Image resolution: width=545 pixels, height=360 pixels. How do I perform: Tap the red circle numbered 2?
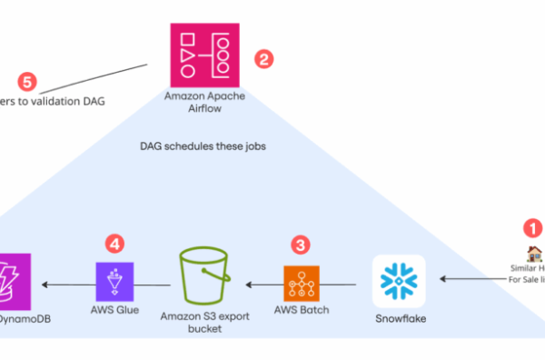click(x=263, y=61)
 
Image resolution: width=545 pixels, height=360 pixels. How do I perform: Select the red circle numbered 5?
click(x=27, y=82)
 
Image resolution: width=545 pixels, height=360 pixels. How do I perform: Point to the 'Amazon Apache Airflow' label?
click(x=204, y=101)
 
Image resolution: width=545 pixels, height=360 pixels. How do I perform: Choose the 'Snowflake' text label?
click(x=400, y=319)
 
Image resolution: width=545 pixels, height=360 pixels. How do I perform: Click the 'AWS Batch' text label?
click(x=302, y=309)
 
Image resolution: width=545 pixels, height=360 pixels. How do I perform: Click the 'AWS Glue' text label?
click(x=114, y=309)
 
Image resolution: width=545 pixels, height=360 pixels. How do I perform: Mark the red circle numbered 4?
click(x=114, y=243)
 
